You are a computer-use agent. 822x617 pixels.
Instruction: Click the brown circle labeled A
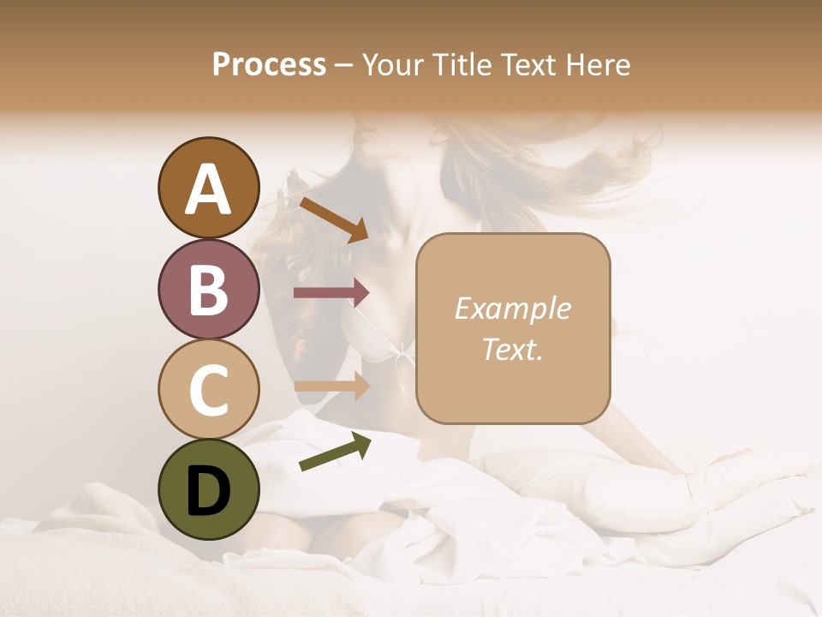pos(208,188)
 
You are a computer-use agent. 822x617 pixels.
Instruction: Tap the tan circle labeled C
pos(208,389)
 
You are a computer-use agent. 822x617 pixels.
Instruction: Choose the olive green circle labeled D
pos(208,489)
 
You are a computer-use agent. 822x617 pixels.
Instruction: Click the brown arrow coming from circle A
pos(333,219)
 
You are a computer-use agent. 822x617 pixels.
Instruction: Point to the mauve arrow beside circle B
pos(331,293)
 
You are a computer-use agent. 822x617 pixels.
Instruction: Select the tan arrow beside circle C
pos(331,386)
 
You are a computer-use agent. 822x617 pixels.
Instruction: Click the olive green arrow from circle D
pos(335,452)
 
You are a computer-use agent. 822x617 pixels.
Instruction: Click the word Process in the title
pos(269,65)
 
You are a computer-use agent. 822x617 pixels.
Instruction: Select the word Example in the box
pos(512,308)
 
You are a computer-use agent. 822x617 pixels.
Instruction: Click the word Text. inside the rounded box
pos(512,349)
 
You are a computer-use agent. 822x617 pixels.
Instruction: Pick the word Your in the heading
pos(390,65)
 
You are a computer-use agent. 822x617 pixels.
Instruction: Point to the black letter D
pos(208,489)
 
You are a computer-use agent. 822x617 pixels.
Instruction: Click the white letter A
pos(208,189)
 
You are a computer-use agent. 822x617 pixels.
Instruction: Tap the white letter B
pos(208,290)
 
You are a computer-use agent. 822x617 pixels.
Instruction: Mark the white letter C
pos(208,390)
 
